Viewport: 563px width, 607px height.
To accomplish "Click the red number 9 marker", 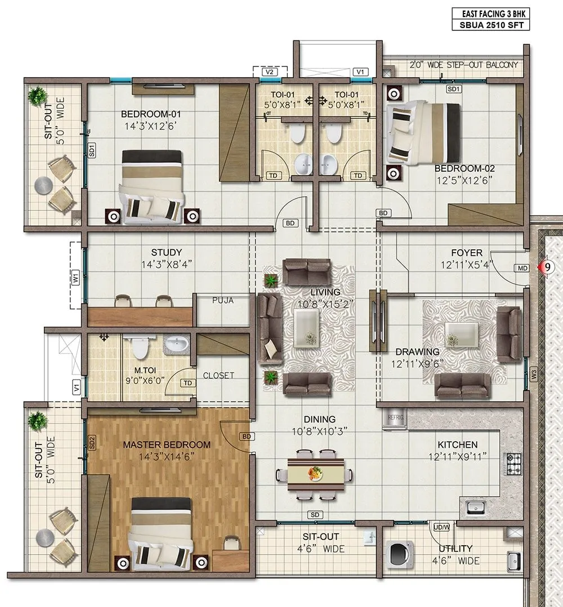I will coord(544,268).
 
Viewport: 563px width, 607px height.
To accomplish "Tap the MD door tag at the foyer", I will coord(522,268).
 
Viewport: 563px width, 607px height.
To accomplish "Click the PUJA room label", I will coord(222,300).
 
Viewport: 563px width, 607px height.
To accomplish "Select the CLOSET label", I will coord(218,376).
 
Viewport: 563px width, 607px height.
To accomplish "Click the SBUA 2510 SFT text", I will coord(490,25).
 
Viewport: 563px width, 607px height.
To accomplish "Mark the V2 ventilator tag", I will coord(270,72).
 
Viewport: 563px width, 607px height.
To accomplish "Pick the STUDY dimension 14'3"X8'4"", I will coord(166,264).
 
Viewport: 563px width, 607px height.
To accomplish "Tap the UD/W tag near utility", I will coord(441,527).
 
